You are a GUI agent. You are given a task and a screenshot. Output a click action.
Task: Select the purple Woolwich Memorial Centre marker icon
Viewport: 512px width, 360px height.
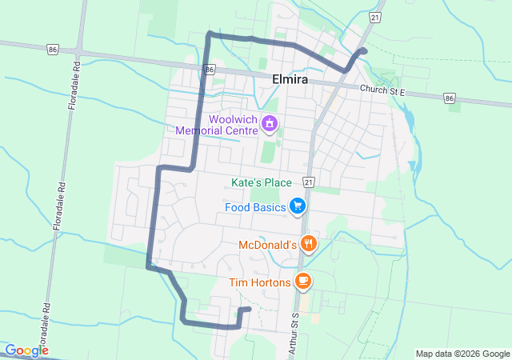coord(270,123)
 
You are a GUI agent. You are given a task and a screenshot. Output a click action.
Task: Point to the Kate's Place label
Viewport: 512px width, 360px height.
coord(261,182)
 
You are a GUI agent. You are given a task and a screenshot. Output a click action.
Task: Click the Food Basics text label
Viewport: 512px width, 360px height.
coord(254,208)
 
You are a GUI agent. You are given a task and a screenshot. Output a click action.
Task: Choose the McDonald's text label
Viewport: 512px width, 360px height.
coord(268,244)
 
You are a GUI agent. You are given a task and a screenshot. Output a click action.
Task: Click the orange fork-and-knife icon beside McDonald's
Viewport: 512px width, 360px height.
coord(310,243)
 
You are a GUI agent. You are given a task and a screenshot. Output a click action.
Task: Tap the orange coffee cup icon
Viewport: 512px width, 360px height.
coord(302,281)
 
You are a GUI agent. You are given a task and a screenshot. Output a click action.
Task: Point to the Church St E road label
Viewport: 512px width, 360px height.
coord(383,92)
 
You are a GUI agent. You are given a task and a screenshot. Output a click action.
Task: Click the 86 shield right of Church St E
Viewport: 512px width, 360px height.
coord(450,98)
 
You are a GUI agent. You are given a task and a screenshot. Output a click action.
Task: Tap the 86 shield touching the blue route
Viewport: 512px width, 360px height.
coord(210,70)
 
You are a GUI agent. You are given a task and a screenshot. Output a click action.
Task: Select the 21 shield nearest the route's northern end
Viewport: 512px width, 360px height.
coord(375,17)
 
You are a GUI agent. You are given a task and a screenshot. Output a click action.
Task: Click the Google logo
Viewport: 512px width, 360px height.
coord(26,350)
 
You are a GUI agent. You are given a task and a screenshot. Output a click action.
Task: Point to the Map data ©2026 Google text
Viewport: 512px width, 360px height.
coord(462,354)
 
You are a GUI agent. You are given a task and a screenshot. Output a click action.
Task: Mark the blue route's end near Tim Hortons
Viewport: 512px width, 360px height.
coord(249,309)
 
